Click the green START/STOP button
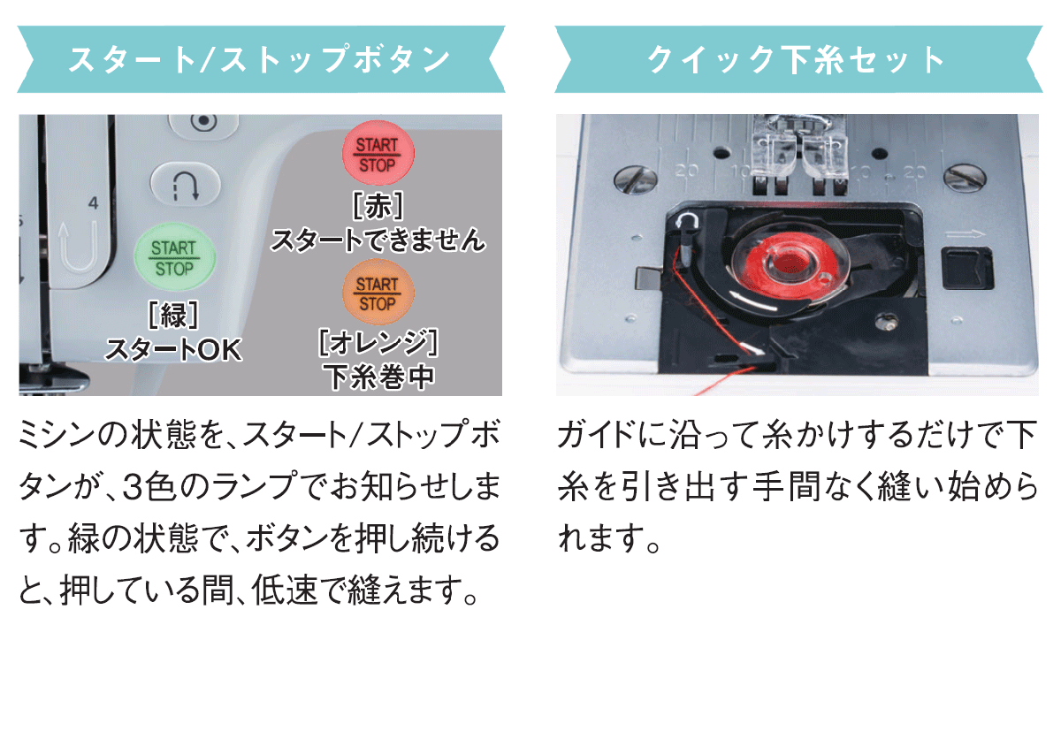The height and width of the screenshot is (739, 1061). [x=175, y=257]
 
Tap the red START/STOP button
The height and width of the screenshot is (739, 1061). [x=378, y=154]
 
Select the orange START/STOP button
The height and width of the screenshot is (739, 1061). [x=378, y=292]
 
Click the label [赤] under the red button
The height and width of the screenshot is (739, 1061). [x=378, y=206]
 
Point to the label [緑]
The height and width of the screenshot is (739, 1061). [x=173, y=315]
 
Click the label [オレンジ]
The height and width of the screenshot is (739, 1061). [x=378, y=342]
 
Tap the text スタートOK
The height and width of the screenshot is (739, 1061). [x=173, y=350]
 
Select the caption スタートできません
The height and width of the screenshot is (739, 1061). [x=378, y=240]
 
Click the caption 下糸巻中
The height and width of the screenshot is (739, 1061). [x=378, y=377]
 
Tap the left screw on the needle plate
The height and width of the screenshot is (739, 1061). [x=635, y=180]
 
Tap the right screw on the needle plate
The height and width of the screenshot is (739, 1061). [x=965, y=179]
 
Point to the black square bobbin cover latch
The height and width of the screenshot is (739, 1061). [x=966, y=268]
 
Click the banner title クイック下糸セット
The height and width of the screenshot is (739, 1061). [x=797, y=59]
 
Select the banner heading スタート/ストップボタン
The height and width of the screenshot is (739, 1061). [x=260, y=59]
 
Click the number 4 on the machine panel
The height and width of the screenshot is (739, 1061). [x=94, y=203]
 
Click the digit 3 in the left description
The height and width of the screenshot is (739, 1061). [x=133, y=488]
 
